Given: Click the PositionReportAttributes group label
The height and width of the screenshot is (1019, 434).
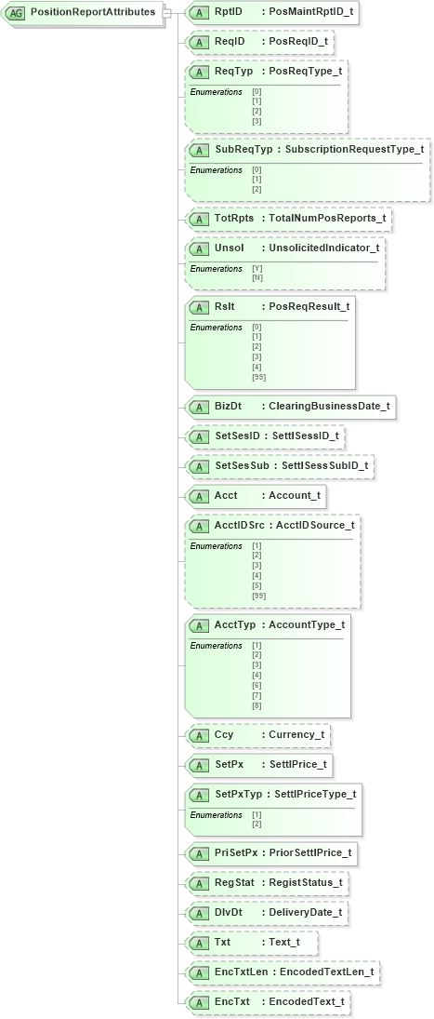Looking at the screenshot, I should [93, 12].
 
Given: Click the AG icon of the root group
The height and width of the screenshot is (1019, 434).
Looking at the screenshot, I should [16, 13].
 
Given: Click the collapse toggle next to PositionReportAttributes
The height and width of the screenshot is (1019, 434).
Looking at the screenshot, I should [166, 12].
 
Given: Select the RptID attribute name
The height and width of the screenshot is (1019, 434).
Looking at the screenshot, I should [229, 12].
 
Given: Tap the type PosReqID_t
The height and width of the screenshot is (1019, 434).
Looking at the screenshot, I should [297, 42].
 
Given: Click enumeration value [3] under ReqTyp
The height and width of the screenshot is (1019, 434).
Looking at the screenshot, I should [256, 121].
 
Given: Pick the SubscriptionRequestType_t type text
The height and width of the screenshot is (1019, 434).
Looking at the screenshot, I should [354, 149].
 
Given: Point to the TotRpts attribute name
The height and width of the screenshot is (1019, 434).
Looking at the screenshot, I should [234, 219].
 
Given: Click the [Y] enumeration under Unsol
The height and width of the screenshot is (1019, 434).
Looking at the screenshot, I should [256, 269].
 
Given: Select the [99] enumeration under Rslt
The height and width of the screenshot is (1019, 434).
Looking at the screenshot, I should [258, 377].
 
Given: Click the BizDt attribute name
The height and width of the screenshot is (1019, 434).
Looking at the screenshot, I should [229, 406].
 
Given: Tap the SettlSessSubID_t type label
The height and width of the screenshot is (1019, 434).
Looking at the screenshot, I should [324, 465].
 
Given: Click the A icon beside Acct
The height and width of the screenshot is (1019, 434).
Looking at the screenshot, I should [199, 495].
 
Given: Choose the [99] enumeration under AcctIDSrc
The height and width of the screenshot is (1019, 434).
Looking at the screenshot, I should [258, 596].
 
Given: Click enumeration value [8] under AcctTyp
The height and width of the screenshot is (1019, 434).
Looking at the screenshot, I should [256, 705].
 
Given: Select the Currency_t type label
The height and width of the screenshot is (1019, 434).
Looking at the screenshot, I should [296, 735].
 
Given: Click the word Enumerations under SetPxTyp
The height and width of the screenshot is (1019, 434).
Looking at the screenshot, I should [216, 815].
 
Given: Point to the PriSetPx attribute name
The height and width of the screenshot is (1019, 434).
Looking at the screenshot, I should [236, 852].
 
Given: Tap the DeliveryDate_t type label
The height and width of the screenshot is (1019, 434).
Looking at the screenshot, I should [305, 912].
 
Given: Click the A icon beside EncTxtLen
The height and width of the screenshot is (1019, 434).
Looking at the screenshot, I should [199, 972].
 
